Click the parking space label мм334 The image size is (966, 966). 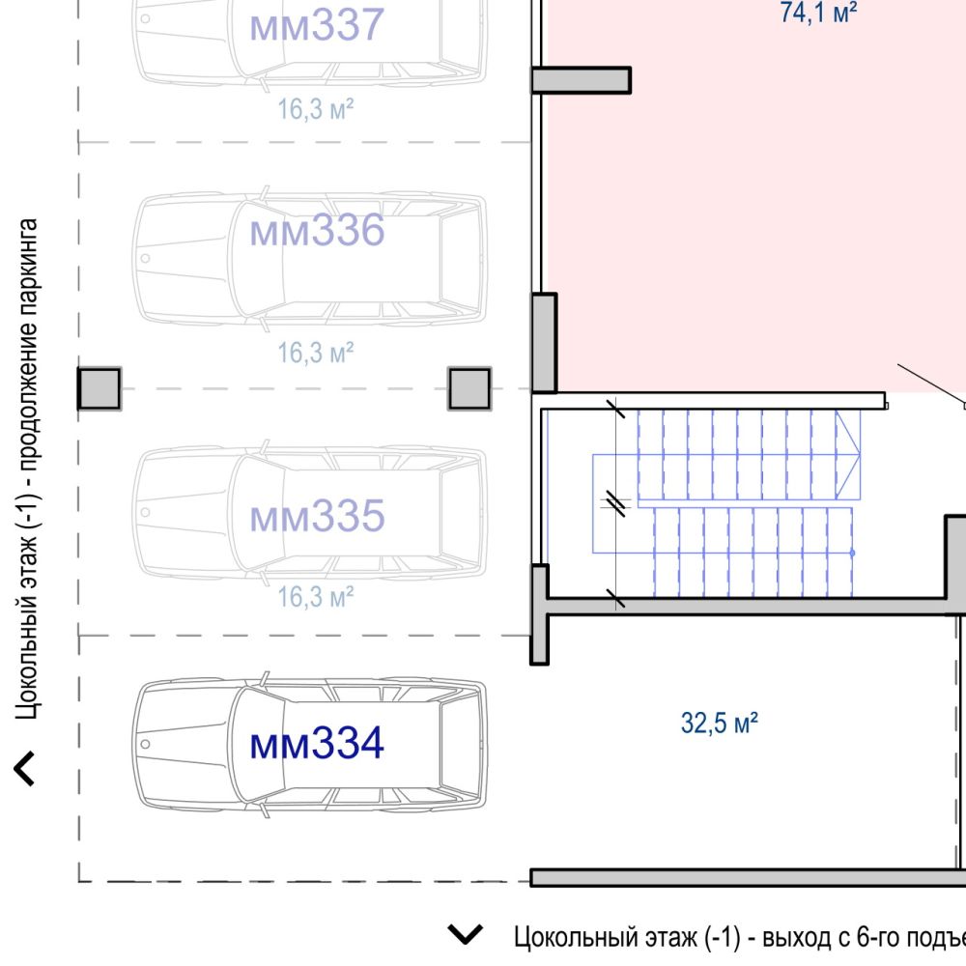[x=317, y=744]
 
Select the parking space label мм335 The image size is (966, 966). [x=317, y=516]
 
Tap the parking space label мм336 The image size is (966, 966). [x=317, y=231]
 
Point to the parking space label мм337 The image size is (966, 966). [x=317, y=25]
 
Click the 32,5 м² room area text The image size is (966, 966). [x=719, y=723]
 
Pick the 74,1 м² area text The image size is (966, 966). [x=818, y=13]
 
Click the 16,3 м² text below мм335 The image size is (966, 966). [x=316, y=596]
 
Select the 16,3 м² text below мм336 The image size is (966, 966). [x=316, y=353]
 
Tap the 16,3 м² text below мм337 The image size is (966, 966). [x=316, y=108]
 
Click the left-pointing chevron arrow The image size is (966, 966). [x=23, y=768]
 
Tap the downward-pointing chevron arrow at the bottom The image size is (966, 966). [x=466, y=934]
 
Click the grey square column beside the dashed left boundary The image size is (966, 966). [x=99, y=388]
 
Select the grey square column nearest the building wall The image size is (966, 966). [x=469, y=388]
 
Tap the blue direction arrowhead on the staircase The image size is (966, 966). [x=848, y=455]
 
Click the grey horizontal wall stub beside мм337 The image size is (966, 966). [x=581, y=80]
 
